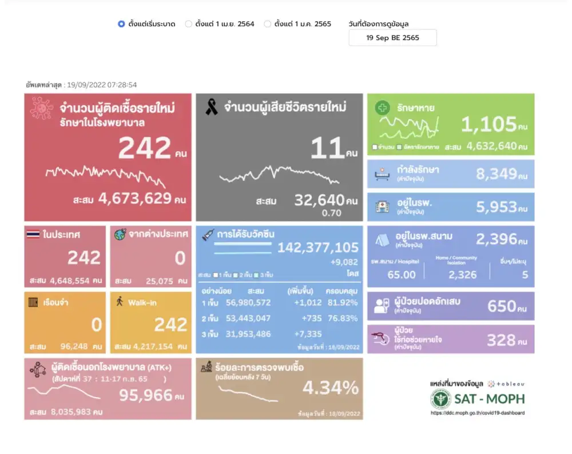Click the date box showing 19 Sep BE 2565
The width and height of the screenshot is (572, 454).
pyautogui.click(x=392, y=38)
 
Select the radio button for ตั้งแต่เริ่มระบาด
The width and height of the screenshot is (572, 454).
pyautogui.click(x=121, y=24)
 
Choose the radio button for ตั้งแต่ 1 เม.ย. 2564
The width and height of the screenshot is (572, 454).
pyautogui.click(x=188, y=24)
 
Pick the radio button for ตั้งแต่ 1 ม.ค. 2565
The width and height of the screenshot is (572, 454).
pyautogui.click(x=267, y=24)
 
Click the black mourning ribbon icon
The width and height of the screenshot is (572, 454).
pyautogui.click(x=212, y=107)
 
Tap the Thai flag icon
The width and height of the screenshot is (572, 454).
pyautogui.click(x=33, y=234)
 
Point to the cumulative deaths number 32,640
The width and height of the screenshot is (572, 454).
pyautogui.click(x=319, y=200)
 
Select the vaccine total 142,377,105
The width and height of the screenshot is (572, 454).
pyautogui.click(x=318, y=247)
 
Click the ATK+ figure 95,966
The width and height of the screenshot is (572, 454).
pyautogui.click(x=145, y=394)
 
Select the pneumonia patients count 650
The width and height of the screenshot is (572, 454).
pyautogui.click(x=502, y=306)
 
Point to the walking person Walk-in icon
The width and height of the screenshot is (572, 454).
pyautogui.click(x=120, y=301)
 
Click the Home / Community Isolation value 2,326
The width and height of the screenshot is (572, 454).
pyautogui.click(x=462, y=275)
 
